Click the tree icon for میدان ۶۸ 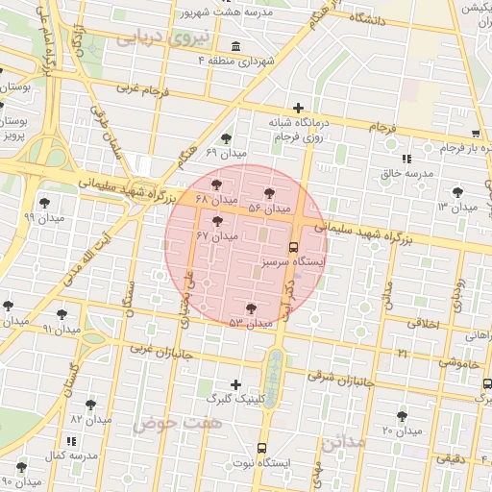point(215,184)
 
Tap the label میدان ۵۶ point(268,209)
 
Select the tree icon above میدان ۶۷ point(217,221)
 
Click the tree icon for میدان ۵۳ point(251,308)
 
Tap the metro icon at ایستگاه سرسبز point(294,246)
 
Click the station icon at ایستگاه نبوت point(263,449)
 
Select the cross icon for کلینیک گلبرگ point(236,384)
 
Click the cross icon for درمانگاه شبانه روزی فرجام point(299,108)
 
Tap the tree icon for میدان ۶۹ point(226,138)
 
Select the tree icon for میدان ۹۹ point(44,203)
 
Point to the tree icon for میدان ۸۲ point(90,405)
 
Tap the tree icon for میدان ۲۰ point(402,416)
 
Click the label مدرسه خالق point(404,173)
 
